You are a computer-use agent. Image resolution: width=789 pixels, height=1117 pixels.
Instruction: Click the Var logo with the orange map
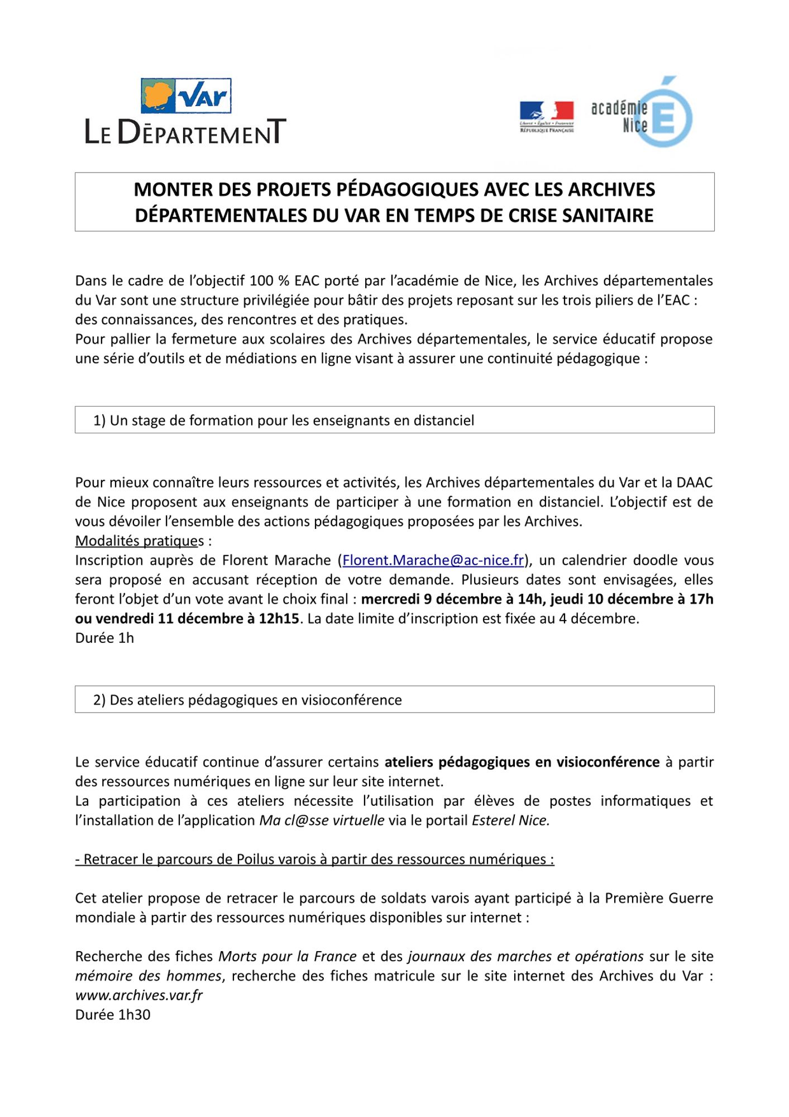(x=186, y=96)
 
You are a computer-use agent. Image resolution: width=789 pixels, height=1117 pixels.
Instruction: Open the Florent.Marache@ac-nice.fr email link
(x=433, y=560)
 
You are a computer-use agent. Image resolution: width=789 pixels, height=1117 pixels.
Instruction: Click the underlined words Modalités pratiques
(x=140, y=541)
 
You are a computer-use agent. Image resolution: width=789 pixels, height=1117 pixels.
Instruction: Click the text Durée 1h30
(x=113, y=1015)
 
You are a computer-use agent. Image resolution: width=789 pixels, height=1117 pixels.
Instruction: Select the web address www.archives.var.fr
(x=138, y=995)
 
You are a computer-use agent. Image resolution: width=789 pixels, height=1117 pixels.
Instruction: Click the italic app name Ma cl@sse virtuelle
(x=322, y=820)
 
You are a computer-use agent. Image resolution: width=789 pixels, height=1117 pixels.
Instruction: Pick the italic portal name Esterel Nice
(x=510, y=820)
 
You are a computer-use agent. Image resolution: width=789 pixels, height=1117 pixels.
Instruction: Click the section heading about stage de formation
(x=284, y=421)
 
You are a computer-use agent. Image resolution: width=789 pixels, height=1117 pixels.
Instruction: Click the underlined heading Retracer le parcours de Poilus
(x=314, y=860)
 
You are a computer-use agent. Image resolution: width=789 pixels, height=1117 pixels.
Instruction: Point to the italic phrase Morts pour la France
(x=287, y=956)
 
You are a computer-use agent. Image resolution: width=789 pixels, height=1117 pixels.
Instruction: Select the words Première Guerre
(x=659, y=898)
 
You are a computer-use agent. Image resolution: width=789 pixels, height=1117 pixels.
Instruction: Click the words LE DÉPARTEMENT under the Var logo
(x=185, y=132)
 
